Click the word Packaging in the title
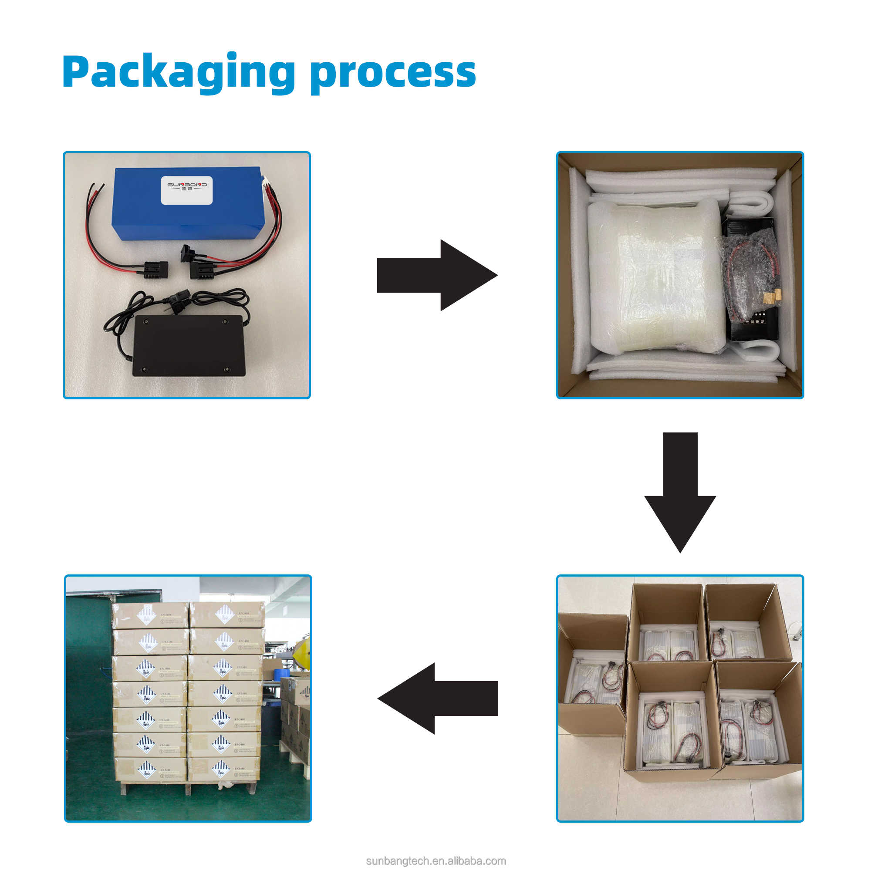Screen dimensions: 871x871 179,72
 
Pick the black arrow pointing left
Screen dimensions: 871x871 437,699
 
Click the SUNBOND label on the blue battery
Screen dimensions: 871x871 187,190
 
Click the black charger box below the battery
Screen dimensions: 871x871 188,345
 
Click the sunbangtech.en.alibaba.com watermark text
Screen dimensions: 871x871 435,861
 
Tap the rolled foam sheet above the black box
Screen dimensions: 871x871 751,203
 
